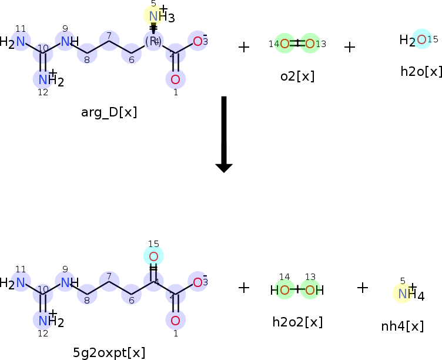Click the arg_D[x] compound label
[109, 112]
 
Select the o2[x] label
[297, 76]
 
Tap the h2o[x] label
[421, 72]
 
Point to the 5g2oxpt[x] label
[109, 353]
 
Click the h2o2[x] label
[297, 322]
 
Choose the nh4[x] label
[402, 326]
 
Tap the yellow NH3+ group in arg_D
[154, 16]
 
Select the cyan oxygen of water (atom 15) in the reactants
[421, 39]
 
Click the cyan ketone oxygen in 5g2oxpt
[153, 256]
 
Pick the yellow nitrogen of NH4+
[403, 292]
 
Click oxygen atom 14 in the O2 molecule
[284, 43]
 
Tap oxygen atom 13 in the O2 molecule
[310, 43]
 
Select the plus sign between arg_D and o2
[244, 46]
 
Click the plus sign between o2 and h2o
[350, 46]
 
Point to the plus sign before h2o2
[244, 288]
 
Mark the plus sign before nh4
[363, 288]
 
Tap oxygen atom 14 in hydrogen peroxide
[285, 289]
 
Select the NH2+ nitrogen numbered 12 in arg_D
[43, 79]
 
